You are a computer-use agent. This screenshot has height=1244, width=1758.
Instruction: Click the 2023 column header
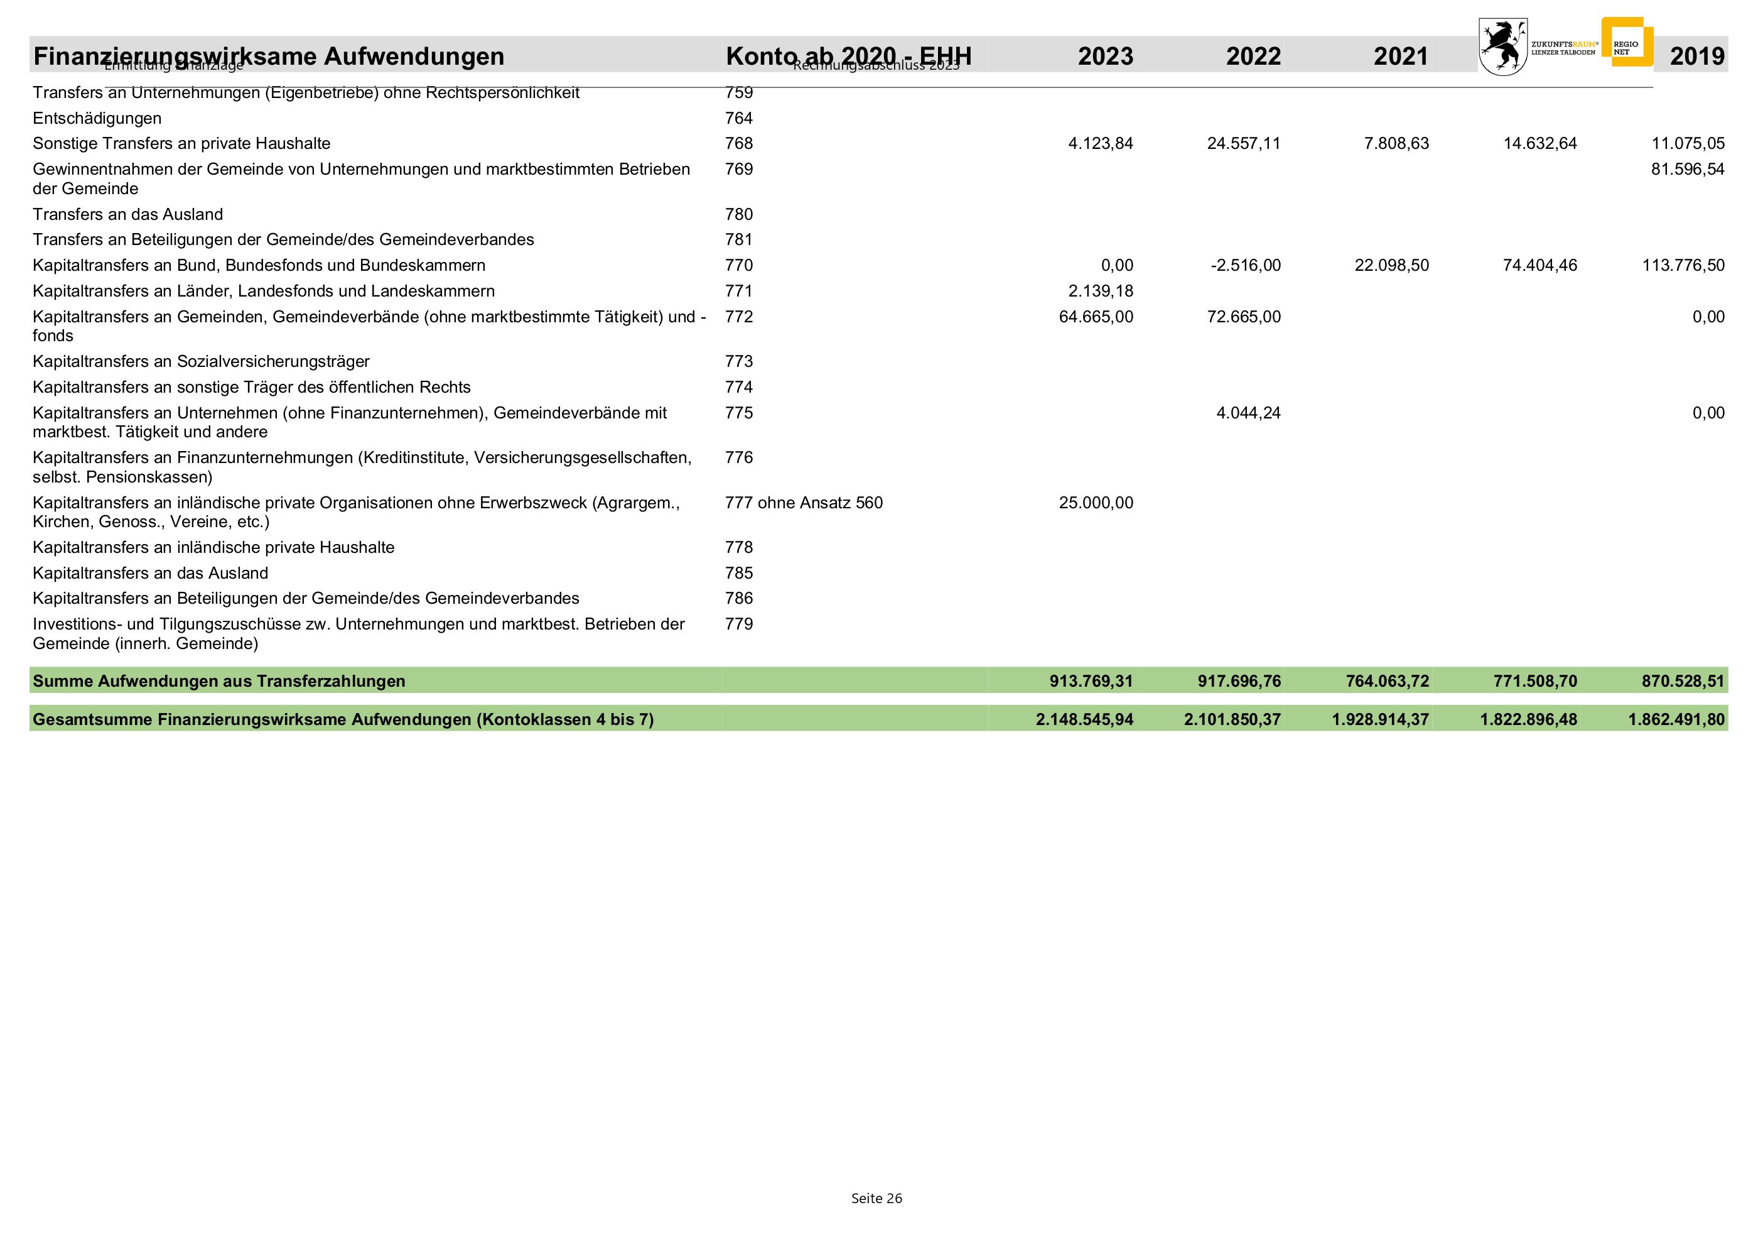pyautogui.click(x=1105, y=56)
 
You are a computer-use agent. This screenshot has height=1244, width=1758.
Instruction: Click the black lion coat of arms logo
pyautogui.click(x=1502, y=46)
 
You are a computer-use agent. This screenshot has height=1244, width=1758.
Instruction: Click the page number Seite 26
pyautogui.click(x=876, y=1198)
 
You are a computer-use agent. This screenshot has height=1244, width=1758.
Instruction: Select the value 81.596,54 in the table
pyautogui.click(x=1688, y=169)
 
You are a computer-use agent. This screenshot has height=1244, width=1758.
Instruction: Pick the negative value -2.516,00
pyautogui.click(x=1246, y=266)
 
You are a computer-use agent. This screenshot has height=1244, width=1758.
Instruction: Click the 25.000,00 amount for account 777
pyautogui.click(x=1096, y=503)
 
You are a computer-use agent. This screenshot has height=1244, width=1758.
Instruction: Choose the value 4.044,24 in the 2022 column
pyautogui.click(x=1248, y=413)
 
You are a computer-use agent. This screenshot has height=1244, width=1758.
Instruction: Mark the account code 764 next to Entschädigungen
pyautogui.click(x=739, y=119)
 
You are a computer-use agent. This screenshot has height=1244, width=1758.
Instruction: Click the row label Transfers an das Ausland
pyautogui.click(x=128, y=214)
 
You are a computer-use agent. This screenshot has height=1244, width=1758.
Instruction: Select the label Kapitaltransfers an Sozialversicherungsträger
pyautogui.click(x=201, y=361)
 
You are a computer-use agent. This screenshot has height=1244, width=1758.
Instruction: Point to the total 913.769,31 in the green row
pyautogui.click(x=1091, y=681)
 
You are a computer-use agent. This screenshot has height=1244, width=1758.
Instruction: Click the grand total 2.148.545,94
pyautogui.click(x=1084, y=719)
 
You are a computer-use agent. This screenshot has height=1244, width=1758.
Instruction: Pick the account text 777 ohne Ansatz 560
pyautogui.click(x=804, y=503)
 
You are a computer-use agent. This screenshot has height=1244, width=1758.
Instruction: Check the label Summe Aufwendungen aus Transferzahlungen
pyautogui.click(x=219, y=681)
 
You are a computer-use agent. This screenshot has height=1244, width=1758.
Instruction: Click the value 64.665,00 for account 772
pyautogui.click(x=1096, y=317)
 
